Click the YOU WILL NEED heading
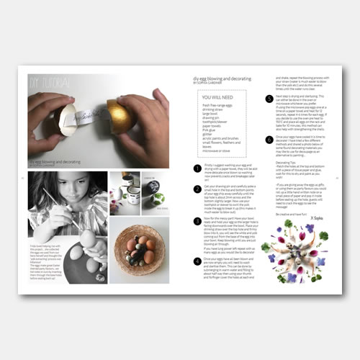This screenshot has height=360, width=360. (216, 96)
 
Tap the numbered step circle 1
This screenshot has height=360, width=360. (197, 167)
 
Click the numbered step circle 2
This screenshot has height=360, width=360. (197, 189)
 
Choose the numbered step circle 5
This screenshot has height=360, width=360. (269, 97)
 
